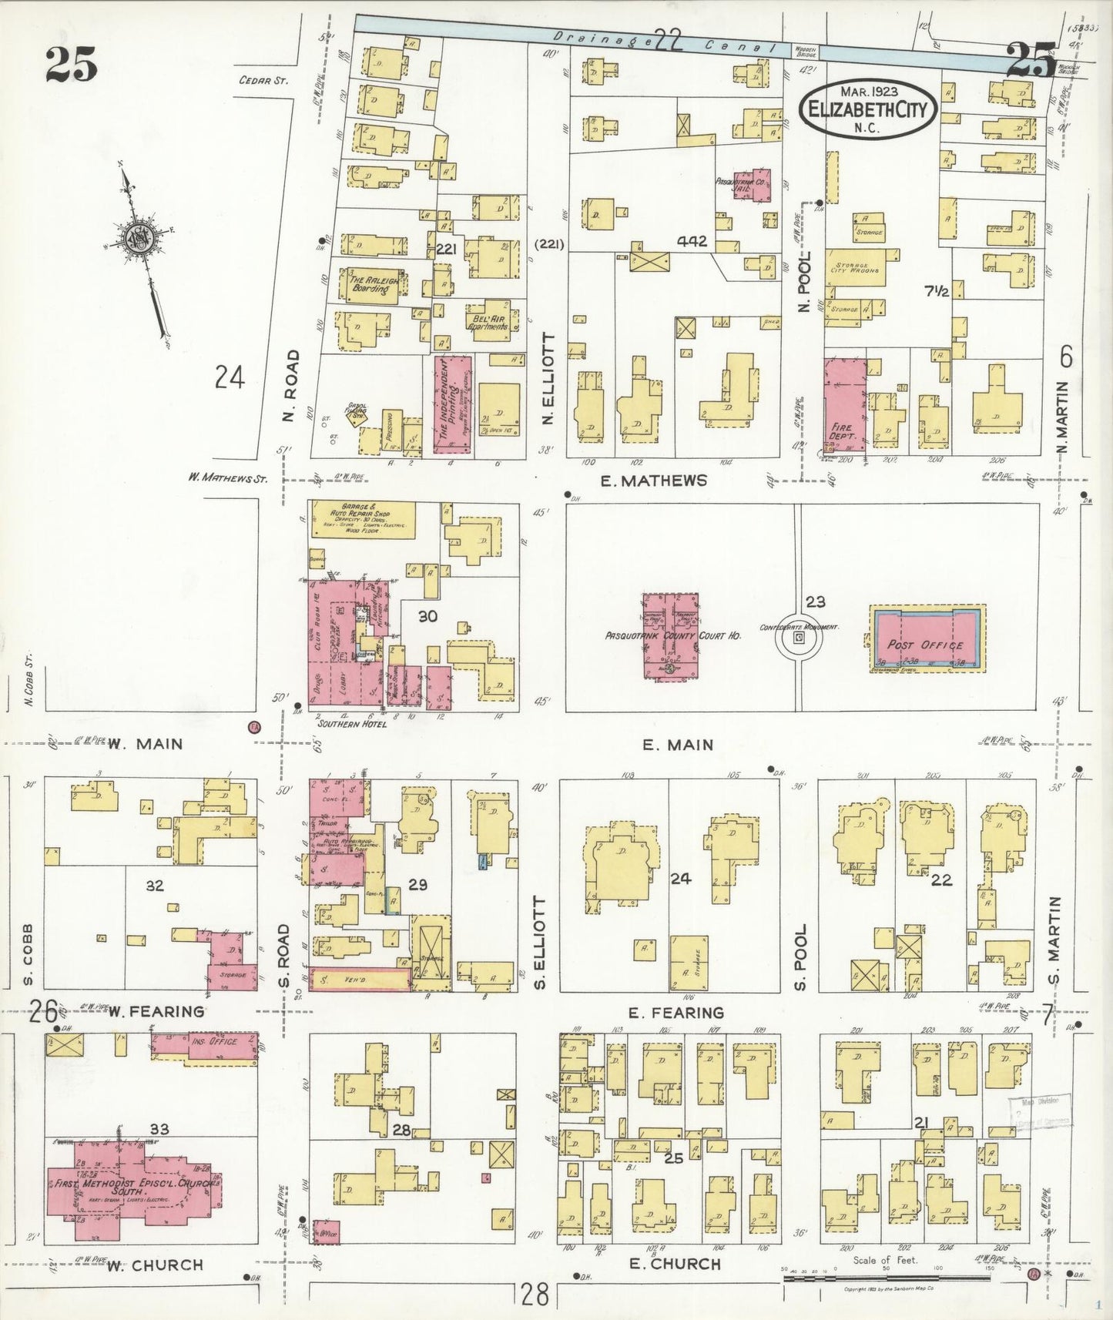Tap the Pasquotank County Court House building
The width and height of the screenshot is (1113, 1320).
point(671,636)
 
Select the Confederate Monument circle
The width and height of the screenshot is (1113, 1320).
point(799,638)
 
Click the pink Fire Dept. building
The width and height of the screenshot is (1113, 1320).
point(845,404)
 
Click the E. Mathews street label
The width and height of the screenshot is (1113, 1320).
point(653,481)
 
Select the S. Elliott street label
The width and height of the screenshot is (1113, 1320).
point(540,943)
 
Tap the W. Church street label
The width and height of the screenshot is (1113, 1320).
point(154,1265)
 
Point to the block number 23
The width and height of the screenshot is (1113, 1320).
point(815,601)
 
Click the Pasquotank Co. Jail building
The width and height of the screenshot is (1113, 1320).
point(753,186)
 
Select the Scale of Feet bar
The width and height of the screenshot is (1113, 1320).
point(886,1279)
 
